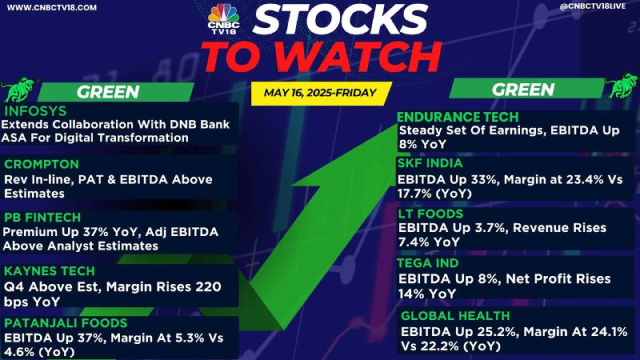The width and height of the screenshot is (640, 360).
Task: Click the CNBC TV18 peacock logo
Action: coord(224,18)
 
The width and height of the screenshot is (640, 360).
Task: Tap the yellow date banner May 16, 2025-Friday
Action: coord(321,93)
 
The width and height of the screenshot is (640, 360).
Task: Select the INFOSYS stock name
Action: coord(35,111)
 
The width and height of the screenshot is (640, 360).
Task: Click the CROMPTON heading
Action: coord(42,164)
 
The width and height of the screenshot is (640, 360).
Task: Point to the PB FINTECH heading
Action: coord(42,217)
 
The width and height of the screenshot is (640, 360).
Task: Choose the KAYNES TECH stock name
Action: coord(50,271)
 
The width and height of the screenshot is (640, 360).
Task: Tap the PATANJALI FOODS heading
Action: coord(66,323)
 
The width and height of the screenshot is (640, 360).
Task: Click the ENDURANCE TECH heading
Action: coord(458,117)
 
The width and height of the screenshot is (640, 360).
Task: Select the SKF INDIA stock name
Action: coord(430,163)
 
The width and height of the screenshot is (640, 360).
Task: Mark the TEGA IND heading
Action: coord(428,263)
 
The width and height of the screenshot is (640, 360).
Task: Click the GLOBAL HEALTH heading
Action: coord(455,316)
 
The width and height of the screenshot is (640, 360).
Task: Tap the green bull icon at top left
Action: coord(18,89)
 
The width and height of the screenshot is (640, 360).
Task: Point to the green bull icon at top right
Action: coord(622,86)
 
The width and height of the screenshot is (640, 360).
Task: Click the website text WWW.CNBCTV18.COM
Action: coord(52,7)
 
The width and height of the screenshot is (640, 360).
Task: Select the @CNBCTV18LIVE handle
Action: coord(592,6)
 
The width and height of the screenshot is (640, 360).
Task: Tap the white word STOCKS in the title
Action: coord(339,18)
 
